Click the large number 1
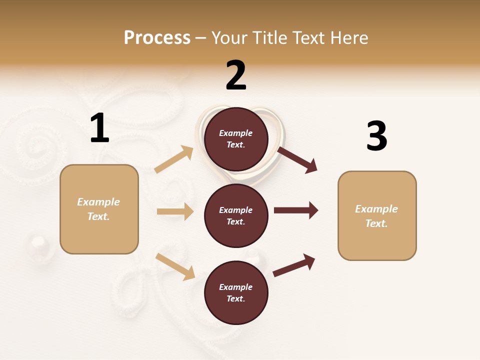pos(99,128)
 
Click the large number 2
pos(236,75)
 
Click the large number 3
pos(376,136)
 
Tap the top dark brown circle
pos(236,139)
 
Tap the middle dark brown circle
pos(236,215)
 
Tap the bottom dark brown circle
pos(236,292)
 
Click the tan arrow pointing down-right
pos(175,266)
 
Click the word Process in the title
pos(157,37)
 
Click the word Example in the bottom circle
pos(236,287)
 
